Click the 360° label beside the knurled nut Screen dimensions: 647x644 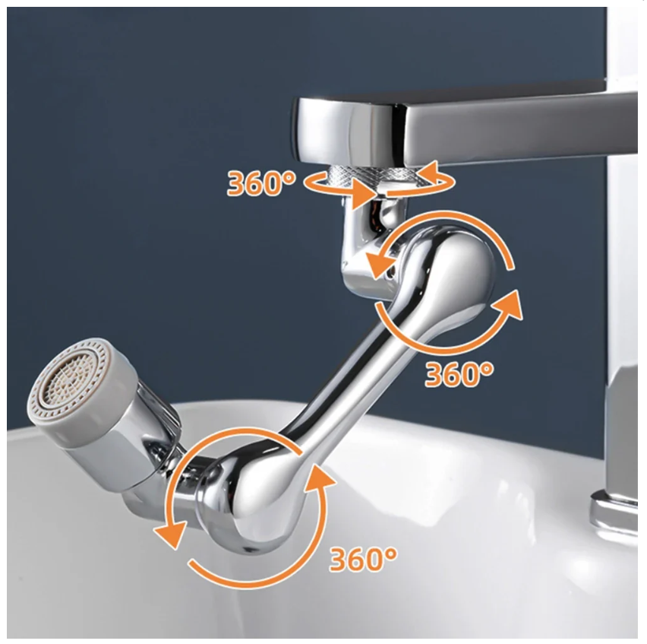pyautogui.click(x=261, y=183)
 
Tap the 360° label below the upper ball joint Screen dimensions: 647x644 pyautogui.click(x=459, y=374)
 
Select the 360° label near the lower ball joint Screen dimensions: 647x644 pyautogui.click(x=363, y=559)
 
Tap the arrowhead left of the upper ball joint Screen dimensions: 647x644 pyautogui.click(x=380, y=264)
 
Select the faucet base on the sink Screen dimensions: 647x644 pyautogui.click(x=615, y=512)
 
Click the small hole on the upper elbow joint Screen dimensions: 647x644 pyautogui.click(x=388, y=273)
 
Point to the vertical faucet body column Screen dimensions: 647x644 pyautogui.click(x=622, y=289)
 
